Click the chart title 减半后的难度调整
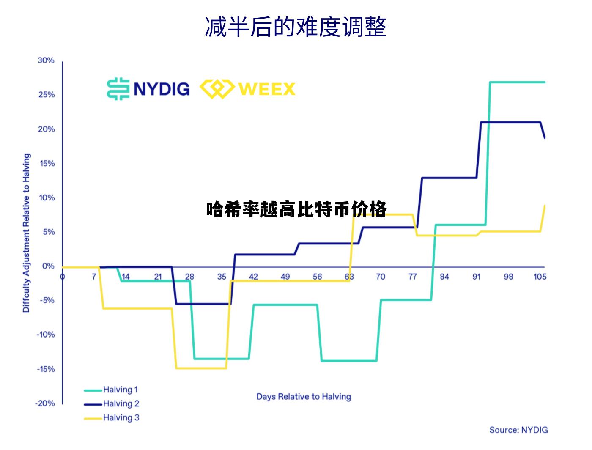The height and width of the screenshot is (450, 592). click(296, 27)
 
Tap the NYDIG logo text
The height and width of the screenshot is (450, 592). click(161, 89)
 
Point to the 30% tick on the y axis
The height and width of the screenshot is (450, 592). click(46, 60)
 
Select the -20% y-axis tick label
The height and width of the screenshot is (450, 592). click(45, 403)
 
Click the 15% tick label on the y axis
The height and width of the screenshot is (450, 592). click(46, 164)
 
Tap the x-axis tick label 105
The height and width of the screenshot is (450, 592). click(540, 277)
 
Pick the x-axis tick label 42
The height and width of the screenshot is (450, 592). click(253, 277)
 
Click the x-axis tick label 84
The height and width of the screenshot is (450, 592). click(444, 277)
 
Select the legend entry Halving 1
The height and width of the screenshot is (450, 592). click(120, 390)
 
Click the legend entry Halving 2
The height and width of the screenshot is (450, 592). click(121, 403)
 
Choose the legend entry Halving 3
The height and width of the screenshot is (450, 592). click(121, 417)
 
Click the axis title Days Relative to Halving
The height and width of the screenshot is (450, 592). click(304, 397)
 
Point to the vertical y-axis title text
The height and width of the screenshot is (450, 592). click(26, 233)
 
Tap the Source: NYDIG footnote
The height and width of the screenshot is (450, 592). click(518, 430)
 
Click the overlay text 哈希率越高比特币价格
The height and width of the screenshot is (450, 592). click(296, 210)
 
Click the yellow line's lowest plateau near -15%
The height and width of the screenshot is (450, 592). click(201, 368)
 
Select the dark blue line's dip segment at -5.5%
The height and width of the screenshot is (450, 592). click(203, 304)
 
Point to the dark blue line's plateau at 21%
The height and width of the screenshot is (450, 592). click(510, 122)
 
